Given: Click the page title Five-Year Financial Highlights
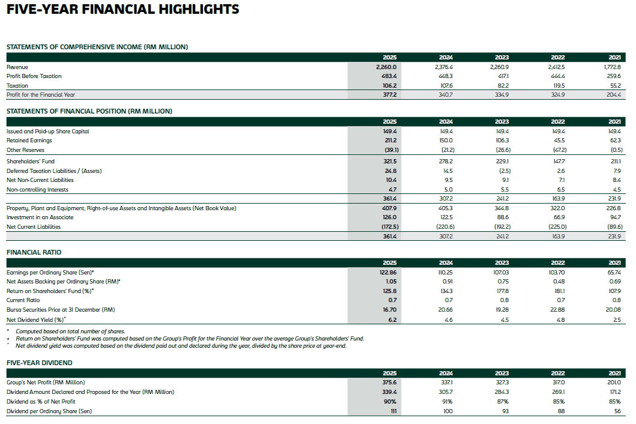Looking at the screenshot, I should (123, 10).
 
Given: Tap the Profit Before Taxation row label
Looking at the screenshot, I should (34, 76).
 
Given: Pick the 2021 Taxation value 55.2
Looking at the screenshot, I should (614, 86).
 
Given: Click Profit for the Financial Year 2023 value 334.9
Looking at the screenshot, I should (501, 95).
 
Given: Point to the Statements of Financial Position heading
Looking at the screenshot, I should (89, 111).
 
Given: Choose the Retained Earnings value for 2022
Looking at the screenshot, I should (558, 141).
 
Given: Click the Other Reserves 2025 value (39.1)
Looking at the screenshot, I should (389, 150).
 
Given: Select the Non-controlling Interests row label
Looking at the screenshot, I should (37, 190).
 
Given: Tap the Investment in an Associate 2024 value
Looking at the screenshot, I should (446, 217).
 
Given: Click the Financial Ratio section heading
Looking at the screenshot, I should (34, 252).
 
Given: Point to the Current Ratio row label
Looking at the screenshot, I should (23, 300).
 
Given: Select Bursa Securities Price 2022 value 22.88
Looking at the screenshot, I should (558, 309).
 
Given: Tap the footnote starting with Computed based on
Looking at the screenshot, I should (70, 332).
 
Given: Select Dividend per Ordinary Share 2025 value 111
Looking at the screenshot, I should (393, 411).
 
